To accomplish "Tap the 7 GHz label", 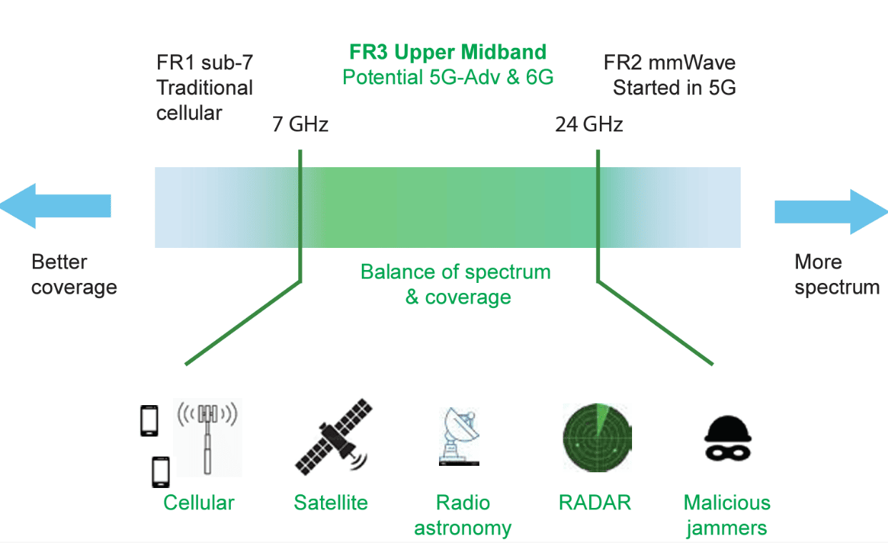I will click(x=300, y=124).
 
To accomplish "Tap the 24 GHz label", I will click(x=589, y=124).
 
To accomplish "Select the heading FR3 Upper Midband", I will click(x=448, y=52).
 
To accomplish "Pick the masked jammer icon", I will click(x=726, y=437).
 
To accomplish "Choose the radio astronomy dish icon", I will click(x=458, y=437).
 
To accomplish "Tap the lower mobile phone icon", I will click(x=160, y=472).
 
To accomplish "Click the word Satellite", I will click(x=330, y=503).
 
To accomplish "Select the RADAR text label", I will click(x=595, y=502).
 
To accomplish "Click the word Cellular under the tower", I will click(x=199, y=503).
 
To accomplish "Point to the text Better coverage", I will click(x=74, y=275).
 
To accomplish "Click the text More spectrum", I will click(x=837, y=275).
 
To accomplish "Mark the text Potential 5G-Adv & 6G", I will click(x=448, y=77).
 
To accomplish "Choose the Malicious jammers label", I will click(x=726, y=515).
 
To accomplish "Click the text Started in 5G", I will click(x=674, y=88).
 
